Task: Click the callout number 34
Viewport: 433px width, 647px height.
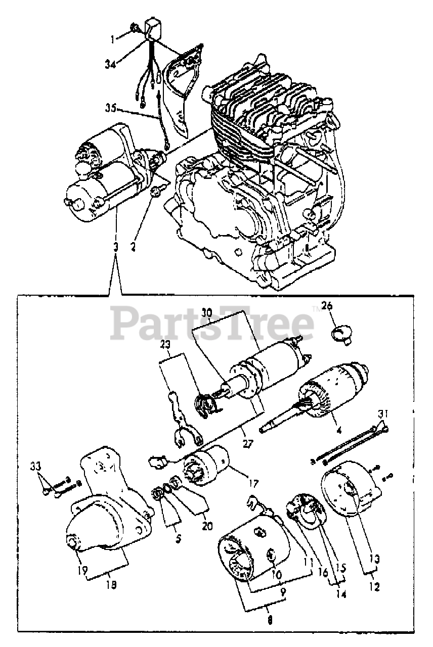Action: point(111,64)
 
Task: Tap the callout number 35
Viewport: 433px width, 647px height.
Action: point(111,108)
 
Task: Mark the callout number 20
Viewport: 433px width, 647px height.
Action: point(206,526)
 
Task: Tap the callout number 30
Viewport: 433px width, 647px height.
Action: point(206,312)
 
